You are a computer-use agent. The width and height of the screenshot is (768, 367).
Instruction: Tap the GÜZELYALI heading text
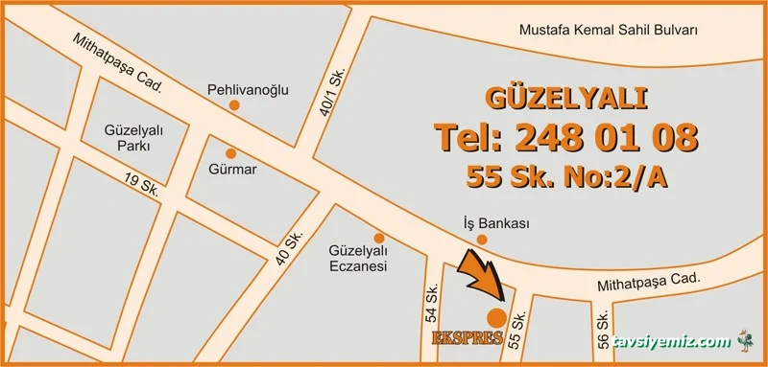pyautogui.click(x=566, y=98)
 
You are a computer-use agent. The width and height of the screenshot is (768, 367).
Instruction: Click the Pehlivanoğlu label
pyautogui.click(x=248, y=91)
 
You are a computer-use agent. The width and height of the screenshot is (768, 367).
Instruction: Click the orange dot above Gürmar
pyautogui.click(x=230, y=152)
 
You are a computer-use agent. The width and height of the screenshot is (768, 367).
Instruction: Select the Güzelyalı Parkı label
pyautogui.click(x=132, y=138)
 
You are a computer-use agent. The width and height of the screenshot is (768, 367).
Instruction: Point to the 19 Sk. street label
pyautogui.click(x=141, y=183)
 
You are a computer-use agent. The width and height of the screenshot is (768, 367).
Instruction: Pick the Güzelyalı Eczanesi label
pyautogui.click(x=357, y=260)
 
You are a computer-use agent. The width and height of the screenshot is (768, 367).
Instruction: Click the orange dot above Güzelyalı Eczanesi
pyautogui.click(x=379, y=238)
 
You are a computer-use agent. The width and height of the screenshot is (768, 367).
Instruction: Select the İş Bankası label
pyautogui.click(x=496, y=223)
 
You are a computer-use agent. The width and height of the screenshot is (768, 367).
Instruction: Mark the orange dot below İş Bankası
pyautogui.click(x=482, y=240)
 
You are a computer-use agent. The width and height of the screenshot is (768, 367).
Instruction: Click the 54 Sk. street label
pyautogui.click(x=432, y=302)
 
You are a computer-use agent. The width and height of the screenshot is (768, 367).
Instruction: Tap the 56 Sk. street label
pyautogui.click(x=602, y=332)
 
